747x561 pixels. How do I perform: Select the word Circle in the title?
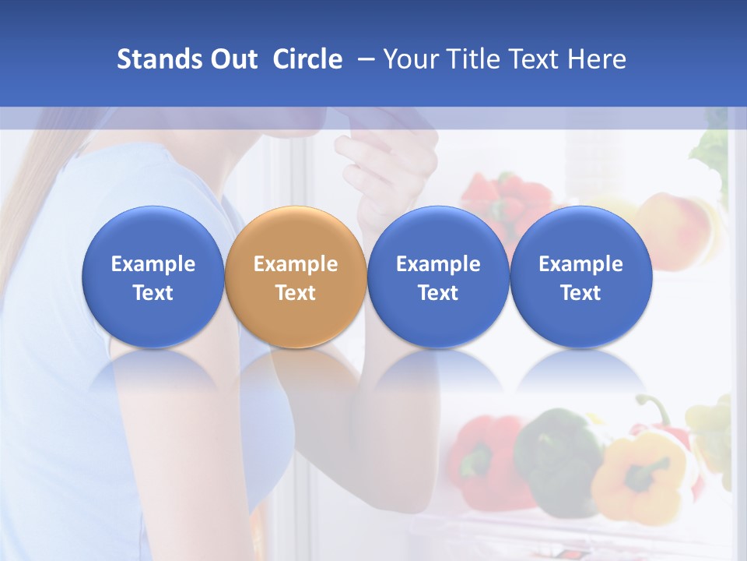point(307,59)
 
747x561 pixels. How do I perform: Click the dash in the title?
point(363,59)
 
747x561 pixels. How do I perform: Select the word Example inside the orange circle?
point(296,264)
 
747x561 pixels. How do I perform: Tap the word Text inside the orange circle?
point(296,293)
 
